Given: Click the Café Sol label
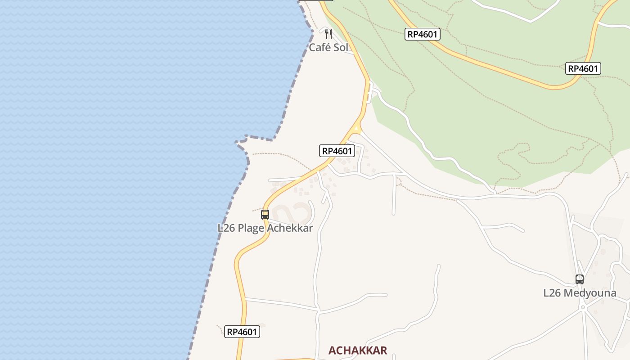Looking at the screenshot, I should tap(328, 47).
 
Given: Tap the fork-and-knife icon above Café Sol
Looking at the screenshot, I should tap(328, 34).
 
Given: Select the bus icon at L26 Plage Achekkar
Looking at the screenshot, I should tap(265, 215).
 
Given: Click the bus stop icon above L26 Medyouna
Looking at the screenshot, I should tap(580, 279).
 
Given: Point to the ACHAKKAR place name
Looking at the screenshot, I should tap(358, 351).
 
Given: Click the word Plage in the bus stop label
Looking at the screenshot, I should tap(251, 228).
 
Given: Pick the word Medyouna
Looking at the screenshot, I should tap(590, 293).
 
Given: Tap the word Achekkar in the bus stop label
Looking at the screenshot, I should tap(290, 228).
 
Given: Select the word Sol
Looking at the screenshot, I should tap(340, 47).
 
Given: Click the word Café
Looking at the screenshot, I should tap(320, 47).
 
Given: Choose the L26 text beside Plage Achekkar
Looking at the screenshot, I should tap(226, 228).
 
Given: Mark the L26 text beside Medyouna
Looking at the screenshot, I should tap(552, 293).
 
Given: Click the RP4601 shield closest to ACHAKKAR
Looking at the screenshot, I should tap(242, 332).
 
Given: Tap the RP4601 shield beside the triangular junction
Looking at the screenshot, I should tap(337, 151).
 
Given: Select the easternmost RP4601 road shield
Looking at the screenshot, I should tap(583, 68).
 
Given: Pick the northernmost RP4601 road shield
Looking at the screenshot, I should tap(422, 34).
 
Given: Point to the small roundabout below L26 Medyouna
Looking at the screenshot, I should tap(583, 307).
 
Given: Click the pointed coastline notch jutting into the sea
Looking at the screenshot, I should tap(238, 142).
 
